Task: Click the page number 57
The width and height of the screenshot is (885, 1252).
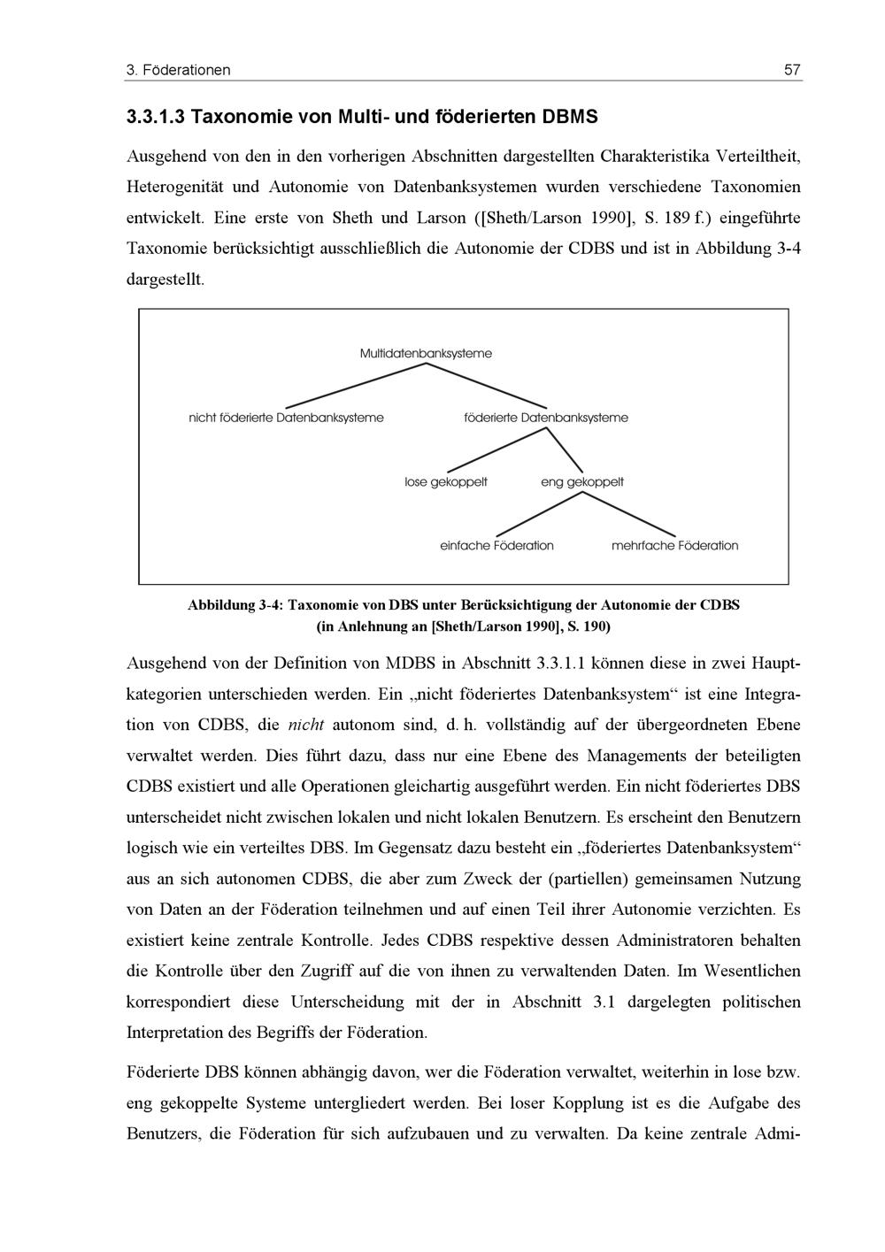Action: point(792,70)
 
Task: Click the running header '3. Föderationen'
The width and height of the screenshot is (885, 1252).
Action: point(179,70)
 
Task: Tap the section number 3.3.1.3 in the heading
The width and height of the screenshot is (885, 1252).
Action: point(155,117)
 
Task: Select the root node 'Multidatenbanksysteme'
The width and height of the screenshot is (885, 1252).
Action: point(426,354)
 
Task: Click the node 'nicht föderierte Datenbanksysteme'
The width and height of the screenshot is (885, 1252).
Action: point(286,418)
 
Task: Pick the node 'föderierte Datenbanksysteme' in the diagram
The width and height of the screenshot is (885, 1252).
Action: point(546,418)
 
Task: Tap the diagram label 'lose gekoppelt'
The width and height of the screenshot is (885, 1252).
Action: point(446,482)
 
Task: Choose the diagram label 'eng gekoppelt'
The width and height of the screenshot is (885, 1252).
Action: point(582,482)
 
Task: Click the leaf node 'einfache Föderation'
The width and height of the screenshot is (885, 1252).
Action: point(496,546)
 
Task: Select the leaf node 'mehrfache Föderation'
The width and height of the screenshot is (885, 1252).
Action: point(674,546)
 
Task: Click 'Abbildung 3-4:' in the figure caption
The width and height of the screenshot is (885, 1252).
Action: point(235,605)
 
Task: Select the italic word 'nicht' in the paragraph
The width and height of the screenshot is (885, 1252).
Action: point(307,725)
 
